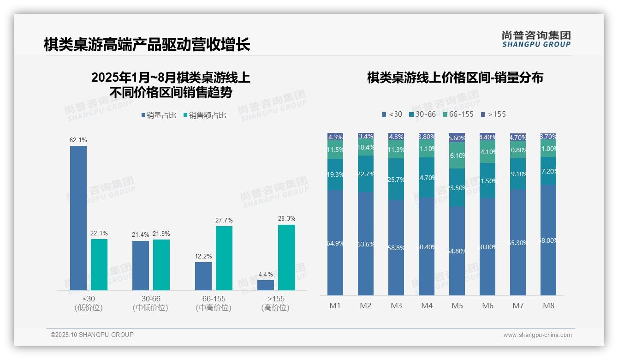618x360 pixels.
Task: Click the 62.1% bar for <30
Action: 78,218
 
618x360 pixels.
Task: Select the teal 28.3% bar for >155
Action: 286,258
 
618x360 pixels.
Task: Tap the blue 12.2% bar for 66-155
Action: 203,276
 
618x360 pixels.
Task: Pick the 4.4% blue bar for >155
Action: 266,285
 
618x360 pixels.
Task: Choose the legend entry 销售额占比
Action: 205,115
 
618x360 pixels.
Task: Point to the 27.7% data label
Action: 224,220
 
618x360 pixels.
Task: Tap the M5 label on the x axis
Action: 457,306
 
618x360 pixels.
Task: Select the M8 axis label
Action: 548,306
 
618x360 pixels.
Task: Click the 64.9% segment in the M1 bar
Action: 335,242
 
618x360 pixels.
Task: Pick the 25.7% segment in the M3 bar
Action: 396,179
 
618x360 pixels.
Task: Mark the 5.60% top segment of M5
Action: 457,138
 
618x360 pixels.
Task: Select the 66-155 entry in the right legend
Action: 458,114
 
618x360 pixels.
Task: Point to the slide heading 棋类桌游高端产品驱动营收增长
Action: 147,44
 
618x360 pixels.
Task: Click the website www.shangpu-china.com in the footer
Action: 537,335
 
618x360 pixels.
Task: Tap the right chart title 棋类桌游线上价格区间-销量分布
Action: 455,78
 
